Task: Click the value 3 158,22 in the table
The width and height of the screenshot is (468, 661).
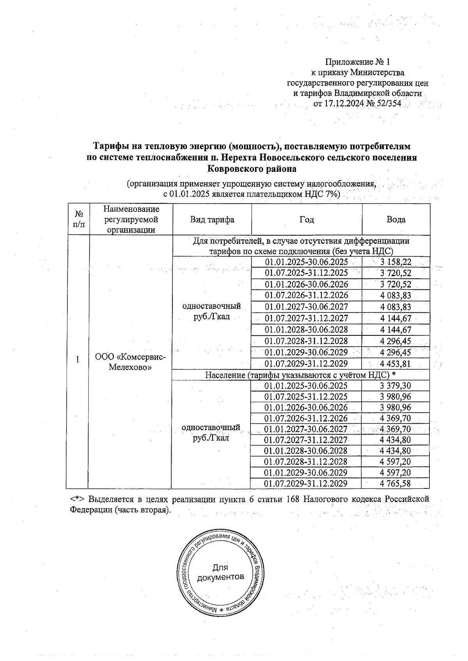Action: pos(395,262)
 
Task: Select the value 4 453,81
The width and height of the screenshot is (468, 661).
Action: pos(395,364)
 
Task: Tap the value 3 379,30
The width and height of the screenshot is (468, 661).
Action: pos(395,386)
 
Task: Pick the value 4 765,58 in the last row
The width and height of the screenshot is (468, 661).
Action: pos(395,483)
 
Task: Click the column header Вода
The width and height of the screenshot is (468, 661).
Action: pos(396,220)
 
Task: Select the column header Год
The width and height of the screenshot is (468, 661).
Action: pos(307,220)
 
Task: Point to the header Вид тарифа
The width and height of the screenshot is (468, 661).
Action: pos(212,220)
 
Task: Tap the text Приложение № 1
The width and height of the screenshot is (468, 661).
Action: pos(357,62)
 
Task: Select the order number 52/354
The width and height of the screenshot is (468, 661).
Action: pos(388,104)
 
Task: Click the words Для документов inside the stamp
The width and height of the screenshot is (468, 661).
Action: pos(220,572)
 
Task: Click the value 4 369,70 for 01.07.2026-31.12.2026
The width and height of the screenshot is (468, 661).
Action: pos(395,418)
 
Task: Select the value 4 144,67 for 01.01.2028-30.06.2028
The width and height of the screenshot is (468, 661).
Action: pos(395,330)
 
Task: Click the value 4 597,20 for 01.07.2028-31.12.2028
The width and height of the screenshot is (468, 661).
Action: pos(395,462)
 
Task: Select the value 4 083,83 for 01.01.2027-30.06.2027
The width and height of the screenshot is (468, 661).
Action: pos(395,307)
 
